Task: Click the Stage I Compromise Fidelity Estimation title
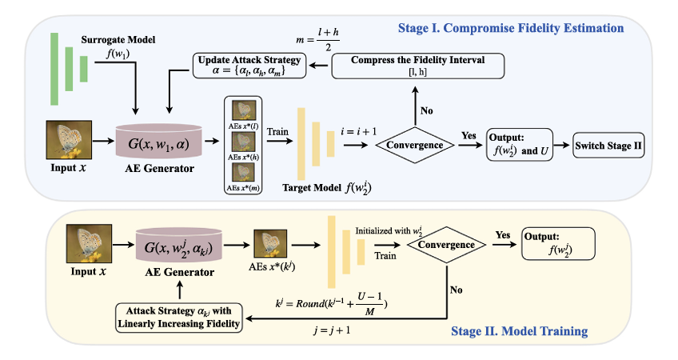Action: (511, 28)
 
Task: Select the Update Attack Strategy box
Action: (249, 66)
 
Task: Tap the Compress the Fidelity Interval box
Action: (417, 66)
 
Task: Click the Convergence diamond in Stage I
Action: (415, 145)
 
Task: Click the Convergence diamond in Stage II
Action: (446, 245)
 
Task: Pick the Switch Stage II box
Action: (608, 146)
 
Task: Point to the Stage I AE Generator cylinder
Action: (158, 142)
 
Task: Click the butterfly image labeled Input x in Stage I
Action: (69, 140)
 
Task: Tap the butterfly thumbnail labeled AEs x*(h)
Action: (243, 141)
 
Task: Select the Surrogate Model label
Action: (118, 40)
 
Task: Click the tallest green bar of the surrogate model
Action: (54, 69)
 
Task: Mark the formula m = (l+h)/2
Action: (317, 39)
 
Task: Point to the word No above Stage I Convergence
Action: (426, 110)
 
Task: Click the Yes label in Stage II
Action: (503, 235)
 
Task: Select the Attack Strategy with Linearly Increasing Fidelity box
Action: (179, 318)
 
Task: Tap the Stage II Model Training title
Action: (520, 331)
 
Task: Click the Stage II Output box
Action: (558, 244)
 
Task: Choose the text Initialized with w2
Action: (389, 231)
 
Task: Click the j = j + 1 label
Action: (332, 330)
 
